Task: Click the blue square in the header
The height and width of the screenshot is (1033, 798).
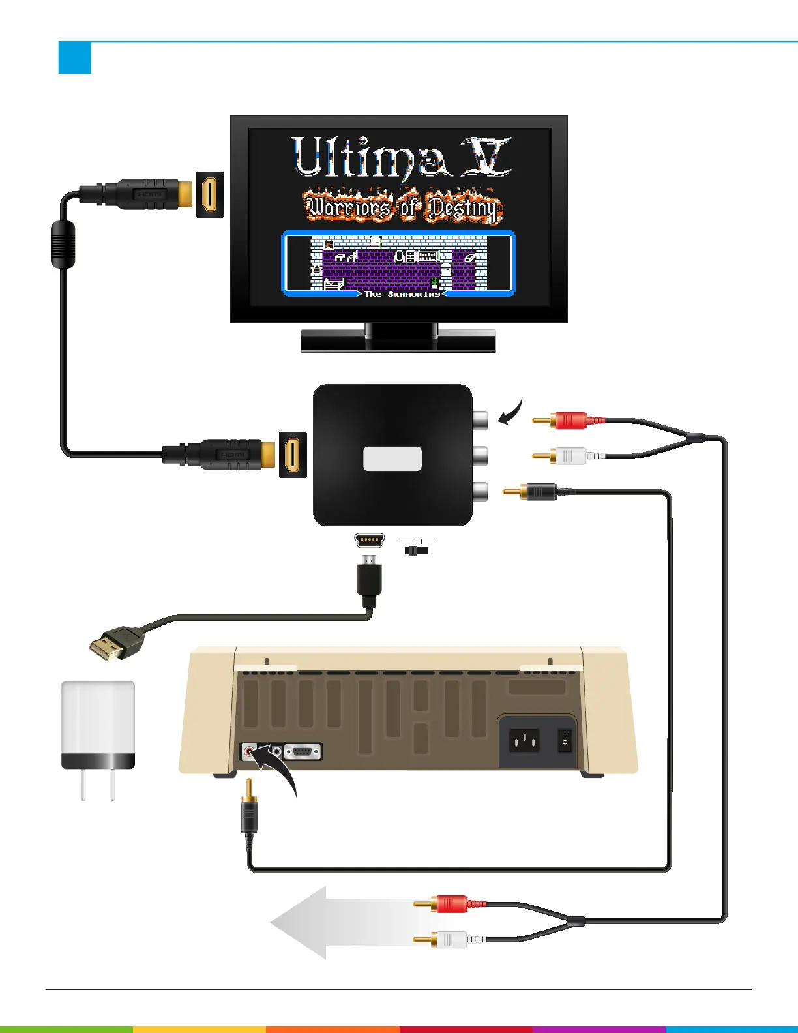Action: coord(74,58)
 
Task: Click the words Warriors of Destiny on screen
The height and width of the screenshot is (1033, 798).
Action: coord(402,207)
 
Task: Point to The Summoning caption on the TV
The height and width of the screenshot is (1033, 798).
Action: coord(402,294)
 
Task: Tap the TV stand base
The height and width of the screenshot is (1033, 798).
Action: coord(398,341)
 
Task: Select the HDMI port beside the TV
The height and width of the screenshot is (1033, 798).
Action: coord(210,194)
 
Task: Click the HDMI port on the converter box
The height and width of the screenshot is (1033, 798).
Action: coord(293,454)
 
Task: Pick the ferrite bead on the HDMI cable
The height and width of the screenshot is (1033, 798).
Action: coord(63,245)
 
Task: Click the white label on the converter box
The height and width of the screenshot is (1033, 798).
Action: coord(392,458)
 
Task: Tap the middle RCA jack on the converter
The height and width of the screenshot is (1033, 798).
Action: coord(480,455)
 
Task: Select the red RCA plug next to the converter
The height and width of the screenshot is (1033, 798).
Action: coord(570,421)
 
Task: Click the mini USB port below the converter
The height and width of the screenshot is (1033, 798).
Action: coord(369,541)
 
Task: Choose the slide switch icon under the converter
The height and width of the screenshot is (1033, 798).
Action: coord(417,550)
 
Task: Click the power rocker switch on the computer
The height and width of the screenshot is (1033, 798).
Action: coord(565,741)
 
